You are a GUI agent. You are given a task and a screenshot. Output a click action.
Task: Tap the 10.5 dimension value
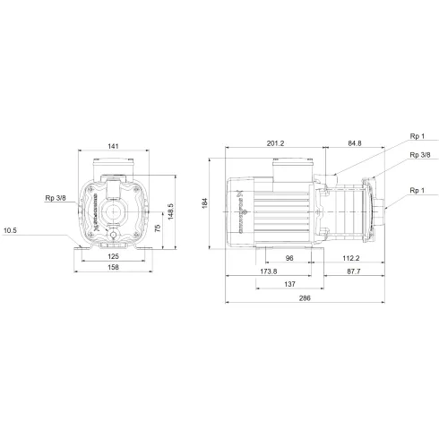(x=11, y=230)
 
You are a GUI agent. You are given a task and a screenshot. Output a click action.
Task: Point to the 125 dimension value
(x=112, y=255)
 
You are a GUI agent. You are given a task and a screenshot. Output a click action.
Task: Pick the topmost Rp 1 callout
(x=415, y=137)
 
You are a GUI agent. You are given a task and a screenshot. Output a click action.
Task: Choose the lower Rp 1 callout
(x=415, y=190)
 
